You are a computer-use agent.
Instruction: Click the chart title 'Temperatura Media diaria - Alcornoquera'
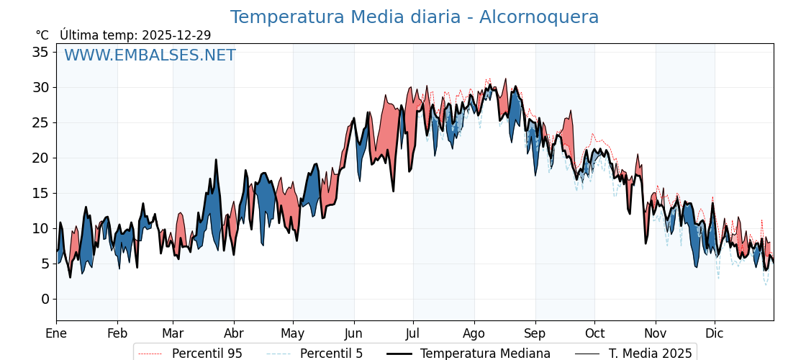414,17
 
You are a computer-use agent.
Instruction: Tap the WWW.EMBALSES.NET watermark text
150,55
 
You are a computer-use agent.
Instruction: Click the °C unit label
42,35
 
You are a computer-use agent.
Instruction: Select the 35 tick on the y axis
40,52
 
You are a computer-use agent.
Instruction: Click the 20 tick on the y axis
40,158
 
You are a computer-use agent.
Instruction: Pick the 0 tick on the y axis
45,299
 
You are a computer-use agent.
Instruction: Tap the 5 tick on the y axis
45,264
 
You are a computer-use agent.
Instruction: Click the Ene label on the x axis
56,333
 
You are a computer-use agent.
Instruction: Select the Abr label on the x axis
234,333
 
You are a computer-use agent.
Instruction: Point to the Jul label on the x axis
413,333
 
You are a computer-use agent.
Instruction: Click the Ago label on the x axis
474,333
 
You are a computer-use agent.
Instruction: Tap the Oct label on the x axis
594,333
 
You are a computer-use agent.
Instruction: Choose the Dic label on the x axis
715,333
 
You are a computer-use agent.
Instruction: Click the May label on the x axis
293,333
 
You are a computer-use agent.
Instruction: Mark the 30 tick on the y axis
40,87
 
